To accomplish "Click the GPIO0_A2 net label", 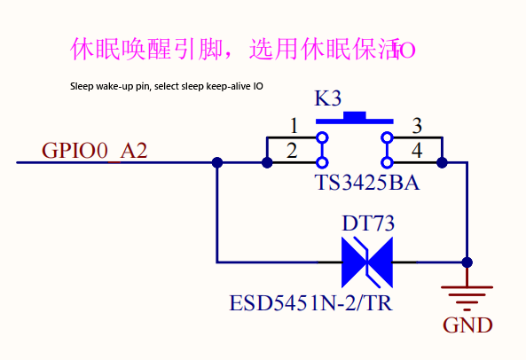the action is click(95, 151).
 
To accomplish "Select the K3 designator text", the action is click(327, 98).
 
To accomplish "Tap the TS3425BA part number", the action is click(367, 183).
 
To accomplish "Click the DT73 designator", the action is click(368, 223).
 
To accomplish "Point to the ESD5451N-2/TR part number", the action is click(310, 303).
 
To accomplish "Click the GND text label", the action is click(467, 325).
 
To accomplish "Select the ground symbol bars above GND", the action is click(467, 298).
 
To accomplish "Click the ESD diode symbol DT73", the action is click(367, 262).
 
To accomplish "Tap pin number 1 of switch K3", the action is click(294, 126).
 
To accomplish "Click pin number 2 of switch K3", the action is click(292, 151).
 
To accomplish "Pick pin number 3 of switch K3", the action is click(417, 126).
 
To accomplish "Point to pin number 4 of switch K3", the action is click(417, 151).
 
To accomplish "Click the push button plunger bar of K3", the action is click(355, 118).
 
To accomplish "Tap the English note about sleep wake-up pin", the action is click(167, 87).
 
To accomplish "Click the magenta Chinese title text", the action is click(243, 49).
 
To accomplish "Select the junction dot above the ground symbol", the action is click(467, 262).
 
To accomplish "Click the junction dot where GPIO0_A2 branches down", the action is click(217, 162).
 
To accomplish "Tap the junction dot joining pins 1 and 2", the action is click(267, 163).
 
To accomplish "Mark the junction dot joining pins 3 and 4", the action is click(442, 163).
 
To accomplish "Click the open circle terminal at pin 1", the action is click(322, 137).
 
